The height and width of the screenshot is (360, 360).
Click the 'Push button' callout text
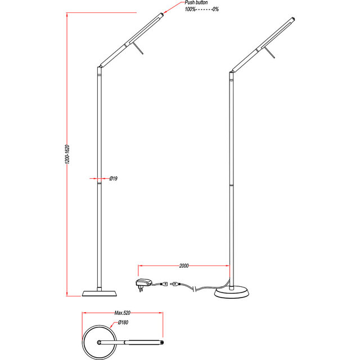coord(196,3)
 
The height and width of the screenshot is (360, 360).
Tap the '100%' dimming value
coord(191,10)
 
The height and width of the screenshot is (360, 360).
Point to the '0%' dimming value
coord(215,10)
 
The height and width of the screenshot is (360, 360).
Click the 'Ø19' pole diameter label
coord(113,178)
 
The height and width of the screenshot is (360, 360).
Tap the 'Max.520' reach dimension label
coord(123,312)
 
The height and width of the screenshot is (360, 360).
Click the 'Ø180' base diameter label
coord(123,323)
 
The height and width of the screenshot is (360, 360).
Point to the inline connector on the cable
coord(177,285)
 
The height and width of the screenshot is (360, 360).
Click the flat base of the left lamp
coord(100,293)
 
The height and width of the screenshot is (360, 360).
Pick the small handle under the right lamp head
coord(272,53)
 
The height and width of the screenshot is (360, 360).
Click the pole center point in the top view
coord(100,341)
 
